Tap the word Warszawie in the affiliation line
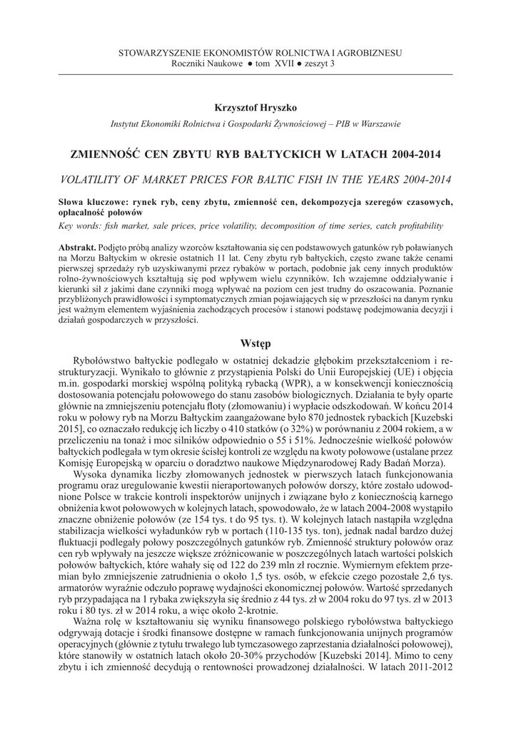click(x=380, y=123)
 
